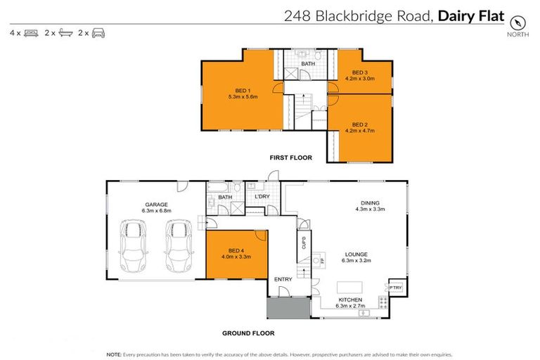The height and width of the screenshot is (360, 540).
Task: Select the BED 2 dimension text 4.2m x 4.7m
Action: pyautogui.click(x=359, y=130)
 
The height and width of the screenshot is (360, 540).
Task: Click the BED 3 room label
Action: pyautogui.click(x=359, y=72)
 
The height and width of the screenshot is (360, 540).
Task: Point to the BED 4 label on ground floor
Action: pyautogui.click(x=236, y=250)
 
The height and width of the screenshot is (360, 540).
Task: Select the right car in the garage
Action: pyautogui.click(x=178, y=245)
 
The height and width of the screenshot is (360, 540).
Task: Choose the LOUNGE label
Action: pyautogui.click(x=356, y=254)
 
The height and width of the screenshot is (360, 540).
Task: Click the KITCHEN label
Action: pyautogui.click(x=349, y=300)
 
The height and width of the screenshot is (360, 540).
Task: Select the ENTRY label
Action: pyautogui.click(x=283, y=279)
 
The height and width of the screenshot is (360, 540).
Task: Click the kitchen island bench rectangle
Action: pyautogui.click(x=352, y=287)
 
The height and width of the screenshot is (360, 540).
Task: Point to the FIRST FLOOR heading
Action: pyautogui.click(x=290, y=158)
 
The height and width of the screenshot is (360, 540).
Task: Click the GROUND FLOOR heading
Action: pyautogui.click(x=248, y=333)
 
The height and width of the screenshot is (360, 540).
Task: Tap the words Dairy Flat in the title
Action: pyautogui.click(x=471, y=15)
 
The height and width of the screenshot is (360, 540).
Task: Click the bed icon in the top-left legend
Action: pyautogui.click(x=31, y=33)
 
